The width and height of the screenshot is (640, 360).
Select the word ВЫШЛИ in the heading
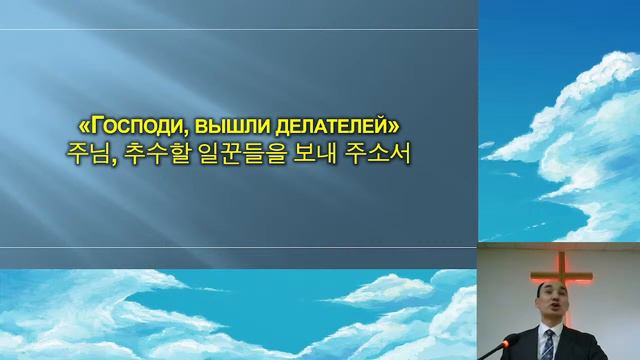(x=222, y=127)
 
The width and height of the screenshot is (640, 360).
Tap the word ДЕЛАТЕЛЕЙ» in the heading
(x=330, y=127)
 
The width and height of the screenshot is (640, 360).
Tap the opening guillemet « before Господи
(x=82, y=127)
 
